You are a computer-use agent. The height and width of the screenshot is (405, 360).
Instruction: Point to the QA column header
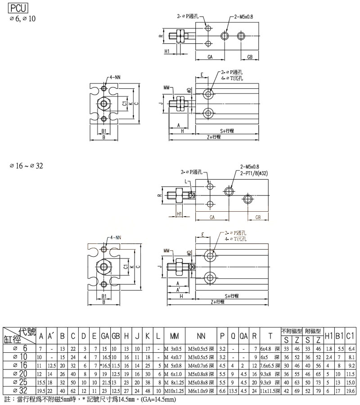[x=243, y=336]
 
